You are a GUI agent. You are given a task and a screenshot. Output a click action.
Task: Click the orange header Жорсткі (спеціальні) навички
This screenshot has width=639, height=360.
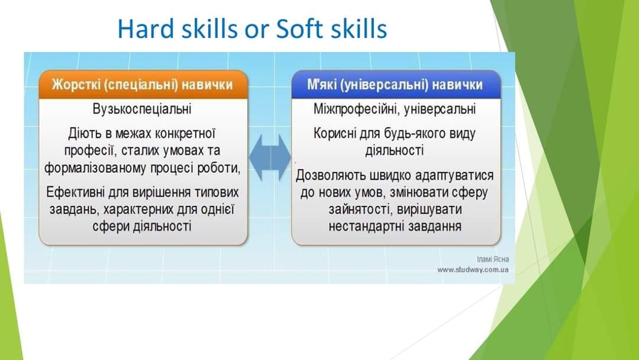click(143, 85)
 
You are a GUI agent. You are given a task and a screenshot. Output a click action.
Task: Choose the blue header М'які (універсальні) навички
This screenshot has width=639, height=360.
click(396, 85)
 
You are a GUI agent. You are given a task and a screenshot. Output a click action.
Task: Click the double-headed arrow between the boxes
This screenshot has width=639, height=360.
click(270, 157)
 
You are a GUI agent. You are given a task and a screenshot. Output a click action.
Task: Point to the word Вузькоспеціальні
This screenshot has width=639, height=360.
click(142, 110)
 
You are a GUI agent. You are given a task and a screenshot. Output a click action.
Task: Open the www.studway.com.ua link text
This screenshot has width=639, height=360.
click(473, 269)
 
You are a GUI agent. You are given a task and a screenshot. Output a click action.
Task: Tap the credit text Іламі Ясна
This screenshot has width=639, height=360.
click(493, 259)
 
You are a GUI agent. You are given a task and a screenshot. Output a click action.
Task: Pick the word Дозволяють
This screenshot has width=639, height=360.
click(331, 175)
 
